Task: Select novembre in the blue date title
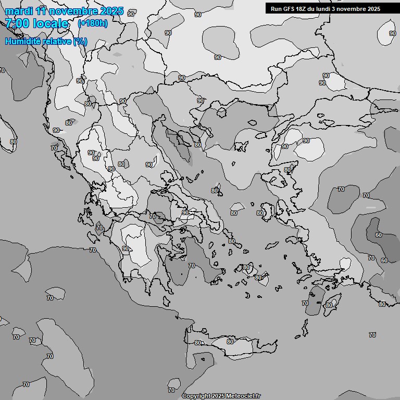click(x=72, y=11)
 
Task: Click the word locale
click(x=51, y=23)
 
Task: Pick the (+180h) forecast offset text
click(x=92, y=23)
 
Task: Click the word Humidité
click(x=23, y=41)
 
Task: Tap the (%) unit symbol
click(x=80, y=41)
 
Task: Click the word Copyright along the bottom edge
click(x=196, y=396)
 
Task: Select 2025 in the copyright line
click(x=218, y=396)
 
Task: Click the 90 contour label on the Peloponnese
click(x=126, y=249)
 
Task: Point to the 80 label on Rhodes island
click(x=329, y=305)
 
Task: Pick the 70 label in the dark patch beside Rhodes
click(x=305, y=303)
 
